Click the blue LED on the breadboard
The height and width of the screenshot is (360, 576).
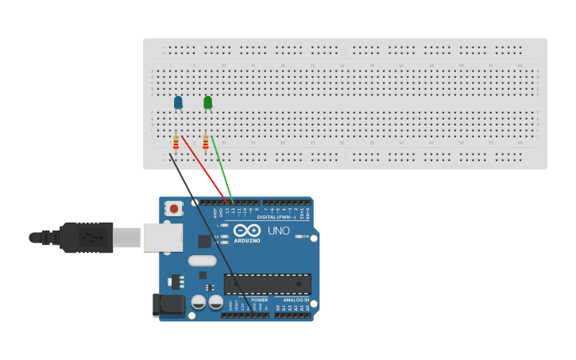pos(178,102)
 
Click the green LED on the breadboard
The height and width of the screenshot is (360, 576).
pos(207,103)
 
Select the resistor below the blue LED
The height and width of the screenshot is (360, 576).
pos(176,143)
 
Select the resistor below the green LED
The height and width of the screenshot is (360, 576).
pos(205,142)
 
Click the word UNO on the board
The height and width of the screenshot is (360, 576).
pos(278,230)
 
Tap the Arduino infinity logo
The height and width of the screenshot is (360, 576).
pos(246,230)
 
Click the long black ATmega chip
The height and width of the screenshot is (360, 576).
pos(267,284)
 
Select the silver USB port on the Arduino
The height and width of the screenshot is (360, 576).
pos(163,237)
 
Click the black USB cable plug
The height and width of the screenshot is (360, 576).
pos(87,237)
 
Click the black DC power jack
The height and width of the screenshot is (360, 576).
pos(168,304)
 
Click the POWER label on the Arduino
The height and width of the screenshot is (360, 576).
pos(260,300)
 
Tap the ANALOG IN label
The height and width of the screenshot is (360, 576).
pos(296,300)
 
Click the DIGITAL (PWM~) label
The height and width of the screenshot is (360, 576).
pos(276,217)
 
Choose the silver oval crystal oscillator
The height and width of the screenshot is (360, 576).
pos(203,260)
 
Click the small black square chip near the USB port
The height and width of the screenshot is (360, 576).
pos(204,242)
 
